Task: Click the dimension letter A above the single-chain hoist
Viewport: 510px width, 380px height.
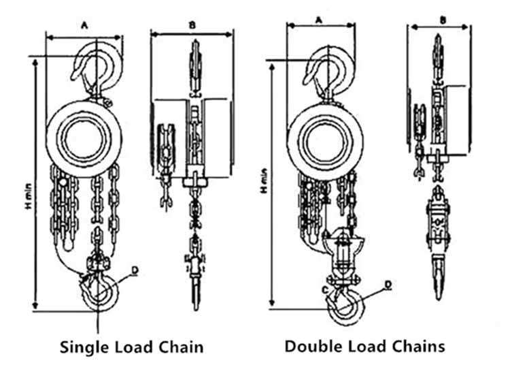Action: [x=84, y=25]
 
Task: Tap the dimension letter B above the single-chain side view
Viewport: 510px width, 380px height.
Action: [x=193, y=25]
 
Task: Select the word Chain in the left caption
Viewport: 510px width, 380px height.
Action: [x=179, y=347]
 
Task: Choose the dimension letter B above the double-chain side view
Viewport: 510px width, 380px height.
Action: [x=442, y=20]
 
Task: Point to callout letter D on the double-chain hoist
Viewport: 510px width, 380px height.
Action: [x=388, y=283]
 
